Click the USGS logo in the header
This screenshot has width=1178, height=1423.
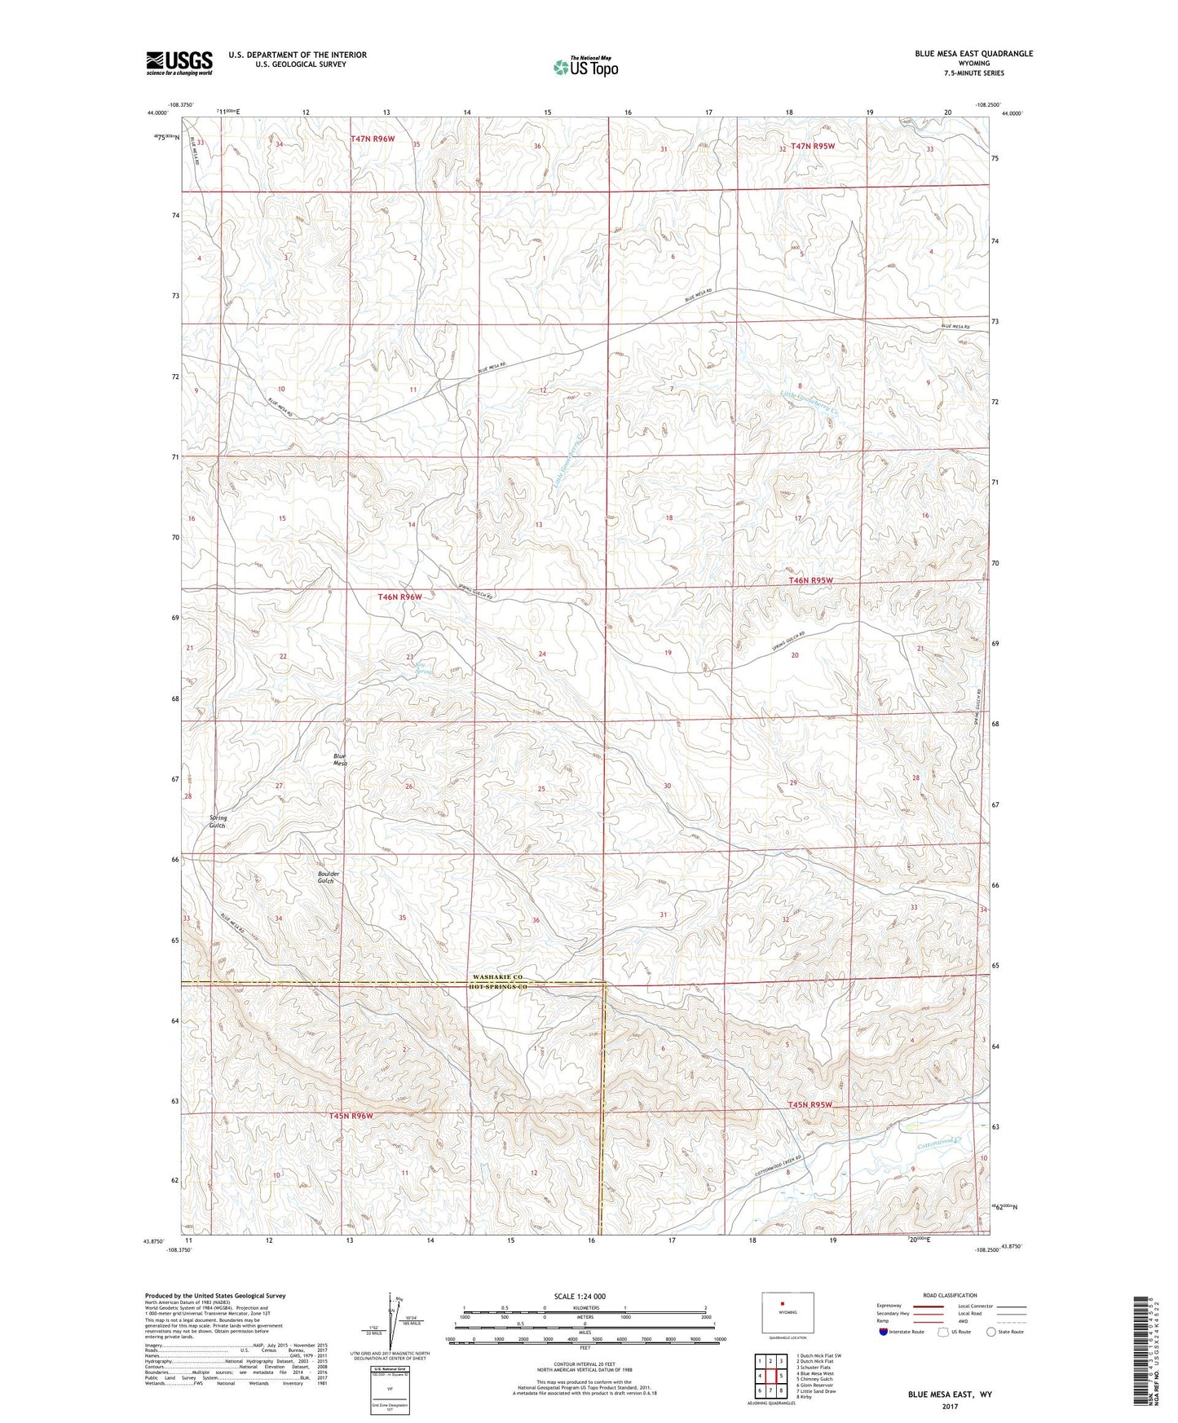tap(179, 62)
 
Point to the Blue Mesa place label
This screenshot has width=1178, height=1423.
tap(340, 760)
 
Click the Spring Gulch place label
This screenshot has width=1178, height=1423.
tap(218, 822)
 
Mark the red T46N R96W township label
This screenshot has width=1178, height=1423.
tap(399, 597)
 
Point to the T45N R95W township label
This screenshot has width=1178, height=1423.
tap(810, 1105)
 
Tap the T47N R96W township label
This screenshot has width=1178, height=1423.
tap(373, 139)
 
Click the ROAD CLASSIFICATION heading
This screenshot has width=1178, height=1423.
tap(950, 1295)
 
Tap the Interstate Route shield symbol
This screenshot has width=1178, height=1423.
tap(885, 1332)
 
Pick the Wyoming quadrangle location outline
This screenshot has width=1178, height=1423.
tap(782, 1315)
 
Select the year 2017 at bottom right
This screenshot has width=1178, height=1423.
tap(950, 1406)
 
